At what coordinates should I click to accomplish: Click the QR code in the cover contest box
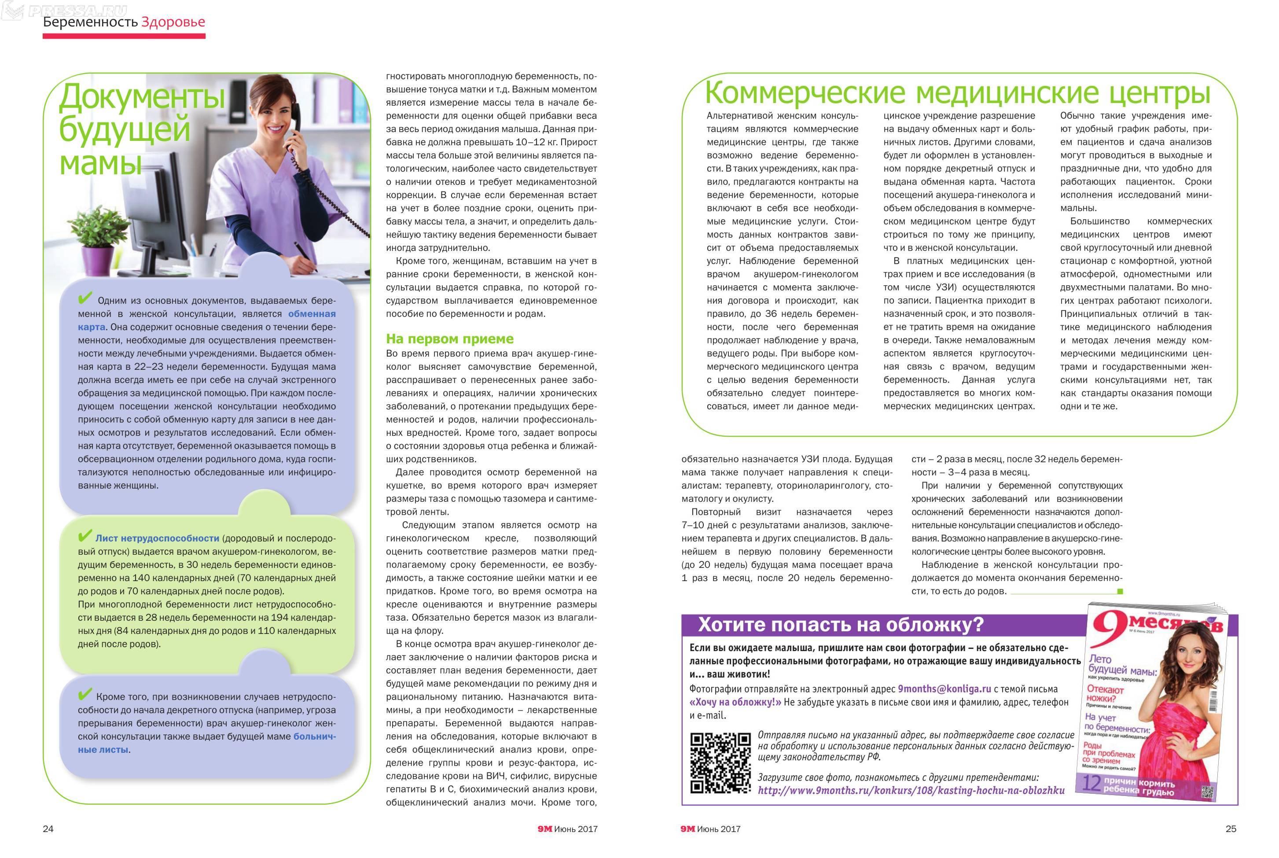(x=720, y=762)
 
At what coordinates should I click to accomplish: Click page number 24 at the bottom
(x=48, y=829)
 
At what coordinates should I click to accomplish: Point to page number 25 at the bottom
(x=1231, y=829)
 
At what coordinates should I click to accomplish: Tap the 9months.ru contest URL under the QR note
(x=911, y=790)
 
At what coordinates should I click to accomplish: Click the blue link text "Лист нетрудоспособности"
(x=157, y=538)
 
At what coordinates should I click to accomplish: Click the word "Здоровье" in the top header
(x=173, y=22)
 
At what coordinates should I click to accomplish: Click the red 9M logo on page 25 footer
(x=687, y=829)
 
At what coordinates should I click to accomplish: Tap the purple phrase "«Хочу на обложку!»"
(x=735, y=702)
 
